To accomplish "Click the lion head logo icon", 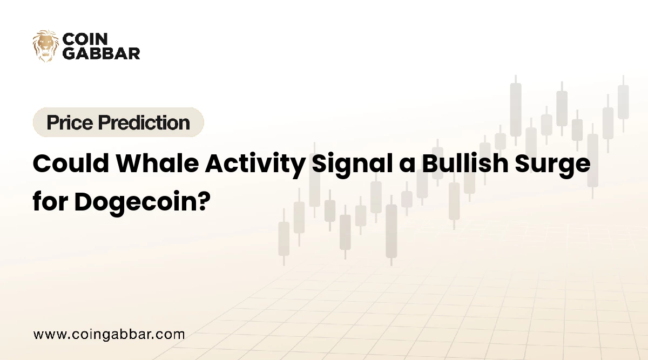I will [45, 45].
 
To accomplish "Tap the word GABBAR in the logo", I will [102, 53].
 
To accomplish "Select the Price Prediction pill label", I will [118, 123].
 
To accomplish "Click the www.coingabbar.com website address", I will [109, 334].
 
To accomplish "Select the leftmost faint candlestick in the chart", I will [283, 238].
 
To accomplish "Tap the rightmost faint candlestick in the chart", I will [623, 103].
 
